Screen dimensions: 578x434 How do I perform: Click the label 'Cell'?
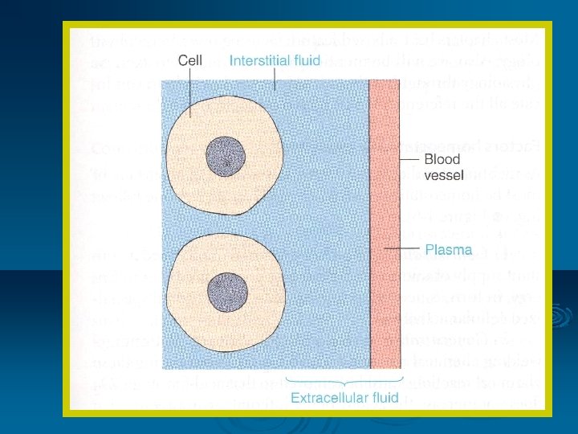[x=189, y=59]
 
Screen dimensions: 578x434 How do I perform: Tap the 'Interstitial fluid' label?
[x=275, y=59]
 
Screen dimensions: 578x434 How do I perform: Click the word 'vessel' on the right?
[x=442, y=174]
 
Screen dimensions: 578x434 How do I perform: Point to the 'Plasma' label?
[x=448, y=250]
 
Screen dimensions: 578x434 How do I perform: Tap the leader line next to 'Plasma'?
[x=402, y=250]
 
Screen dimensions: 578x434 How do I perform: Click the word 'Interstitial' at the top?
[x=258, y=59]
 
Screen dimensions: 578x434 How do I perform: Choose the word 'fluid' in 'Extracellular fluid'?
[x=381, y=398]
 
